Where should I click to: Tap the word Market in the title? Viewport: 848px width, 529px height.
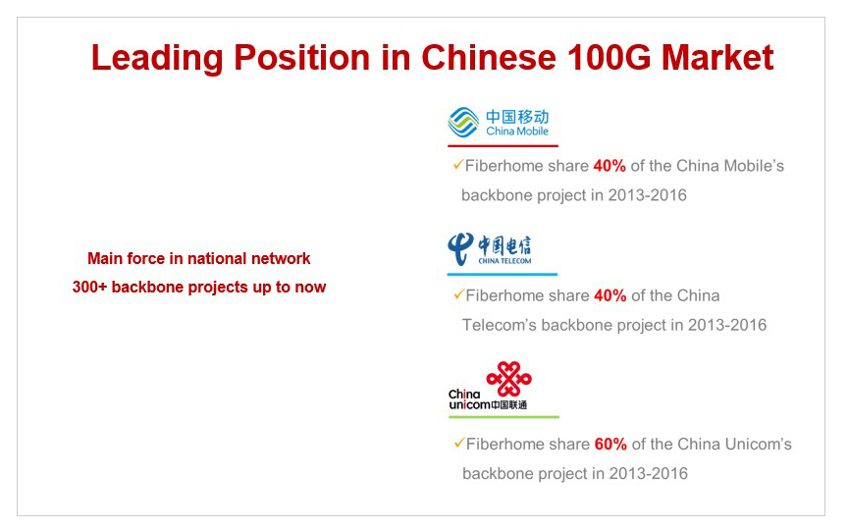coord(717,57)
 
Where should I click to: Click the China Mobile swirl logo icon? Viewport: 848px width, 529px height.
coord(463,123)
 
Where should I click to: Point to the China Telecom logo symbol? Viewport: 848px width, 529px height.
coord(460,249)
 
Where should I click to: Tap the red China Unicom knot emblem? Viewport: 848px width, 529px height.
coord(509,379)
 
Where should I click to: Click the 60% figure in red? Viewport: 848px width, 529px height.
coord(610,445)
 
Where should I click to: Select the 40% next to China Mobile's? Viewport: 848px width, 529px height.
coord(609,166)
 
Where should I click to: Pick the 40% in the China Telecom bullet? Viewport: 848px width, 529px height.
coord(610,295)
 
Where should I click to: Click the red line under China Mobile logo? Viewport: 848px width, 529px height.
coord(503,145)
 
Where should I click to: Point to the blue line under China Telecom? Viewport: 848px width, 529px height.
coord(503,274)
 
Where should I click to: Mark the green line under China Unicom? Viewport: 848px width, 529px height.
coord(504,416)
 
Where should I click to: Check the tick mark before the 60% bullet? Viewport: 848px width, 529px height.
coord(459,443)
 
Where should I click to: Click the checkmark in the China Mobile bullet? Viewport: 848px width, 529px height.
coord(458,165)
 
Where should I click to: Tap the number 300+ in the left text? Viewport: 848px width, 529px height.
coord(89,288)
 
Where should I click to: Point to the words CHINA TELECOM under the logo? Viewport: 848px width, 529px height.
coord(504,261)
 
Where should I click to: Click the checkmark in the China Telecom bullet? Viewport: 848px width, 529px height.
coord(458,294)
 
